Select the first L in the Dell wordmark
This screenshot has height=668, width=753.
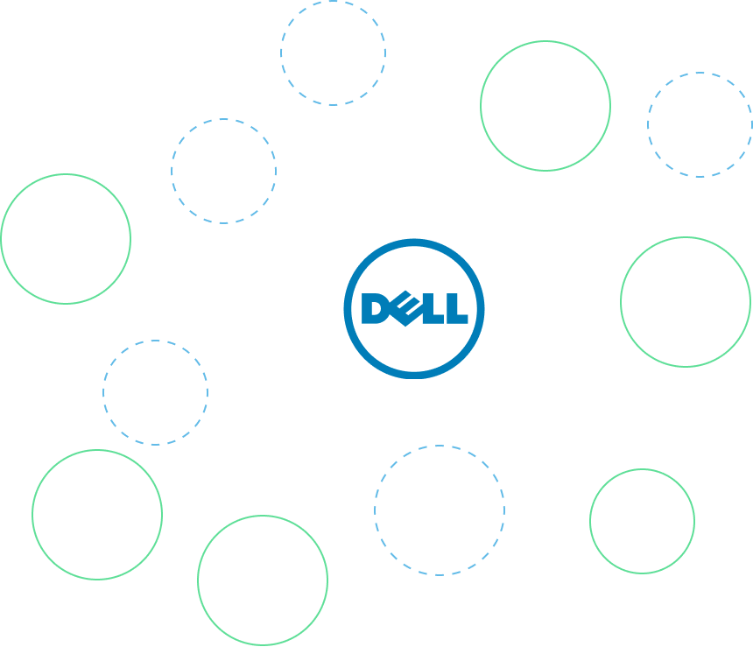(433, 309)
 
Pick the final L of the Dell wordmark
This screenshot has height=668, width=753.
(457, 309)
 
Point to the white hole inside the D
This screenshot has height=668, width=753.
(375, 309)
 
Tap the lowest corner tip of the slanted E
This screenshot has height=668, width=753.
(405, 327)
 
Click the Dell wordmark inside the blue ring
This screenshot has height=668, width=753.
(414, 309)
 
